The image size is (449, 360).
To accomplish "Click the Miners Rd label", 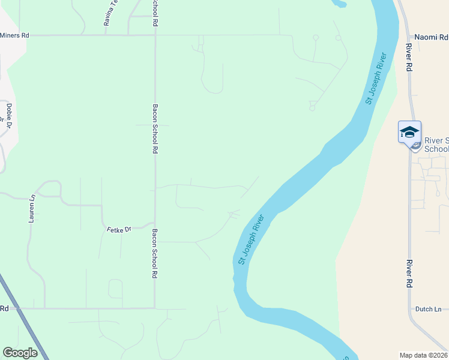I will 14,35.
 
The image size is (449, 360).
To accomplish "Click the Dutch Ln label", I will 428,309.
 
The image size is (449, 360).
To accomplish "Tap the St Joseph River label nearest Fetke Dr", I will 251,239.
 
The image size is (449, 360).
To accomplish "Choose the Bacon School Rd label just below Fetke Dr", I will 154,253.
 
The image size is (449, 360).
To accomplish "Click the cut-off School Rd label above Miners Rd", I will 155,13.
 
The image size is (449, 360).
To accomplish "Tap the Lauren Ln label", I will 32,209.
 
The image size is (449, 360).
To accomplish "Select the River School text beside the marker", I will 436,145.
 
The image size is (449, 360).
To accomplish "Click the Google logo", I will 20,353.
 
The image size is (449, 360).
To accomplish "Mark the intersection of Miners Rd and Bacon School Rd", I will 155,35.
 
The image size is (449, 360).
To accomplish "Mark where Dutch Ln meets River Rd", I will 411,310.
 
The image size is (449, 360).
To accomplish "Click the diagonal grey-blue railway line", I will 24,317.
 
